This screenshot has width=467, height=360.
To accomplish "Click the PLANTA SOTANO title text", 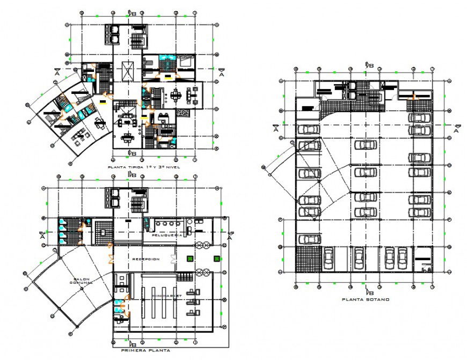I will click(x=366, y=299).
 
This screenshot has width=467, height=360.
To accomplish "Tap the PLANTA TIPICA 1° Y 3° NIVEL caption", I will click(x=144, y=167).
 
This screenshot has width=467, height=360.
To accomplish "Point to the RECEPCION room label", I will click(x=145, y=259).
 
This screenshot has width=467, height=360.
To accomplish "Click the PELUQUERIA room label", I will click(x=167, y=235).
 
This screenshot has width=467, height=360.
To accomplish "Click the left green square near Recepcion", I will click(x=189, y=259).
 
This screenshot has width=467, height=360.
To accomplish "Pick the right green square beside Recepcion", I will click(x=216, y=259).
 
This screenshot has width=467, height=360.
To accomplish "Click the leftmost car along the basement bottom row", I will click(x=329, y=258).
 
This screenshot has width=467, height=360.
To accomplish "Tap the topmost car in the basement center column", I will click(x=367, y=144).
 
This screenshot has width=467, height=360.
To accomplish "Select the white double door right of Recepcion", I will click(x=173, y=260).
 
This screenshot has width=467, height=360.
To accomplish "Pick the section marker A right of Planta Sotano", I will click(x=457, y=128).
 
